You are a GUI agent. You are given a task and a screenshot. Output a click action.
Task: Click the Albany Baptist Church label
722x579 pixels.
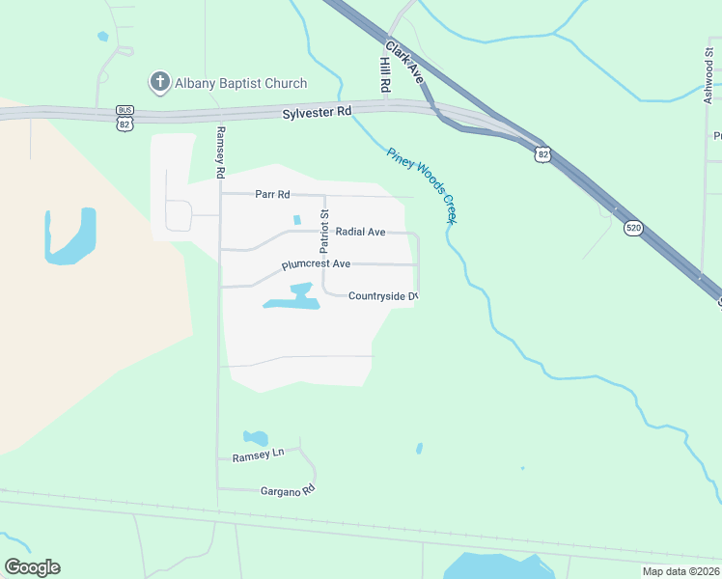click(x=240, y=83)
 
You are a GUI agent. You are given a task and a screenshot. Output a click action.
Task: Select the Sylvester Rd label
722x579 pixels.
click(x=317, y=113)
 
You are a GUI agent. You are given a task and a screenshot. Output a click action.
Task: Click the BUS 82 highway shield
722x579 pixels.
click(x=124, y=117)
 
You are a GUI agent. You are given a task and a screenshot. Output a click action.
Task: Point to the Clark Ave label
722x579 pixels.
click(x=404, y=59)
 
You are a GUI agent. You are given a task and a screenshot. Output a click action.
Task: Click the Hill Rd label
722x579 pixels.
click(x=385, y=73)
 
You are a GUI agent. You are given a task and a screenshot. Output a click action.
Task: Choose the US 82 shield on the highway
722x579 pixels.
click(x=544, y=153)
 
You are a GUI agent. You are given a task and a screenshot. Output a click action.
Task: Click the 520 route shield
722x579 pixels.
click(x=633, y=228)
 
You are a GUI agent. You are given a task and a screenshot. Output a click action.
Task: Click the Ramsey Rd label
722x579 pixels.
click(x=220, y=152)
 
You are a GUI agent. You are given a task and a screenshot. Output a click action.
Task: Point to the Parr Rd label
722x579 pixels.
click(x=272, y=194)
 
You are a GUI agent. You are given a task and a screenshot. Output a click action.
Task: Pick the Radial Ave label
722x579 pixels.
click(x=360, y=232)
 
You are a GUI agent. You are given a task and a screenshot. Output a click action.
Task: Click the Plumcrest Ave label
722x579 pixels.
click(x=316, y=263)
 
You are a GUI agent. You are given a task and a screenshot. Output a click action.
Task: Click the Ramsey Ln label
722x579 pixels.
click(x=258, y=453)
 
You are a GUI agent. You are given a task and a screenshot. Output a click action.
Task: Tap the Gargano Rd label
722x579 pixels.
click(x=288, y=490)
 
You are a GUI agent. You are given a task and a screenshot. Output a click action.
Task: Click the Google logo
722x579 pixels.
click(x=32, y=567)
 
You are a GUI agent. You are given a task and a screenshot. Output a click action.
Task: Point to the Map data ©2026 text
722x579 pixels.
click(x=680, y=571)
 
